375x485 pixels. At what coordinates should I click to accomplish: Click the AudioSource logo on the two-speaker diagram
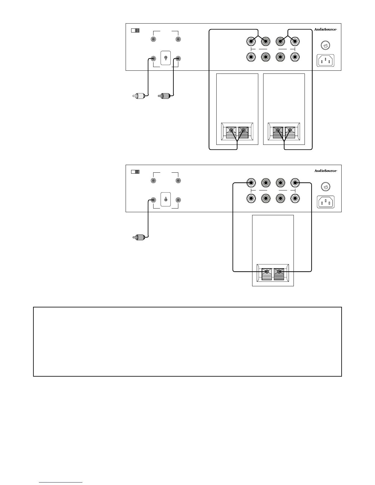(326, 29)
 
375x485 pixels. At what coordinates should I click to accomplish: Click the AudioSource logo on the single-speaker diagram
(326, 171)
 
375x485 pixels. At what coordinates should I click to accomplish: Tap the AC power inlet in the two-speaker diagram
(325, 61)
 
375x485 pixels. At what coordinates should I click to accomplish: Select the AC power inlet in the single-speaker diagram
(325, 202)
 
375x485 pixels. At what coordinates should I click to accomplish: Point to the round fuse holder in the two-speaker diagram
(325, 45)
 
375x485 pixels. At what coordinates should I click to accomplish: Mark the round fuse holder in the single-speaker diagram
(325, 187)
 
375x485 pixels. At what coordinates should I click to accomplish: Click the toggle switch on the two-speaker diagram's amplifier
(165, 58)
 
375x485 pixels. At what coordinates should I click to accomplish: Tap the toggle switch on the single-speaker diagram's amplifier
(165, 199)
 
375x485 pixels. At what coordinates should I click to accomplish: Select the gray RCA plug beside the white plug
(164, 96)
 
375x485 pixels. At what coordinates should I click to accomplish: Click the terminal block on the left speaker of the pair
(237, 131)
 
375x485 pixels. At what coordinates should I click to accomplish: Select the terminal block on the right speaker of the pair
(284, 131)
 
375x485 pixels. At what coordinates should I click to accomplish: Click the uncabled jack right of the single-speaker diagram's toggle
(178, 200)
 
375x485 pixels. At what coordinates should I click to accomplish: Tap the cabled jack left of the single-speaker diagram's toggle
(153, 200)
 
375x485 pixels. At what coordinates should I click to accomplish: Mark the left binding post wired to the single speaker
(251, 183)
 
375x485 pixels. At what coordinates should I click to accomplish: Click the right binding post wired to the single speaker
(295, 183)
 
